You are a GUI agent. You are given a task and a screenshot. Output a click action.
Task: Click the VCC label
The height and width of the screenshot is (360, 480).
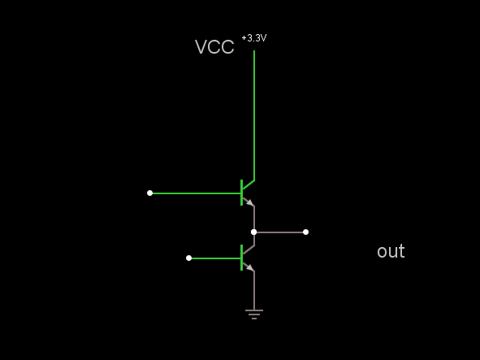214,47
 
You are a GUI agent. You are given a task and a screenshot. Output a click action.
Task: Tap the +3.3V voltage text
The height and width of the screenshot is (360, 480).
254,38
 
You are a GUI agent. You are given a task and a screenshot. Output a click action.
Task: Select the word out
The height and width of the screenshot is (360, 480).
391,251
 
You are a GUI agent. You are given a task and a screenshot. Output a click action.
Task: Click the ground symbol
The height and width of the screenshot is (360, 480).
254,314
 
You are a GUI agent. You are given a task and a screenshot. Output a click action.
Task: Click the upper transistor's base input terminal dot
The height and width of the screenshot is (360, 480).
149,193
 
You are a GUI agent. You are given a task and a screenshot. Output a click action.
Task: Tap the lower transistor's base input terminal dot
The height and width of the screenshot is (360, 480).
189,258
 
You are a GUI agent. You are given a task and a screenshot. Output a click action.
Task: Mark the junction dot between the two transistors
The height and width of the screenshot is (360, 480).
253,232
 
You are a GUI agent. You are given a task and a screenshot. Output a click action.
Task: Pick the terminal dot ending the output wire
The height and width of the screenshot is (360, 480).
305,232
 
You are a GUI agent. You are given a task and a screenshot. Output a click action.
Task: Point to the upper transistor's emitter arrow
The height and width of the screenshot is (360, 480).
250,202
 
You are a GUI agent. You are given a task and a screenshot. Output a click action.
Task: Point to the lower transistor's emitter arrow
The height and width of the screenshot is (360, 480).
250,267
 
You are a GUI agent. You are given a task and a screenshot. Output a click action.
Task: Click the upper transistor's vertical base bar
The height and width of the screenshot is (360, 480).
242,193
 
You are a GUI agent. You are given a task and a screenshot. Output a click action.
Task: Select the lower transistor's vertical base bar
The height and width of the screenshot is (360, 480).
242,258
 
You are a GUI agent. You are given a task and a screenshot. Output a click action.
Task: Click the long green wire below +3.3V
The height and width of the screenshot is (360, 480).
254,115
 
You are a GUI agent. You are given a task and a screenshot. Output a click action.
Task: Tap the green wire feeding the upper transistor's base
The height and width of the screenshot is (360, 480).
197,193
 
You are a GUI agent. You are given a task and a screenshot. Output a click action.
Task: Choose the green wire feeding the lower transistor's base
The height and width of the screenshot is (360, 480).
216,258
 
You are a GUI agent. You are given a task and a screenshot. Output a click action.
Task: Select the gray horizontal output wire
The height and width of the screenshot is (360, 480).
279,232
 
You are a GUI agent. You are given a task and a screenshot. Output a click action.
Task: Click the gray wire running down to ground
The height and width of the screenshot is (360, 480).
254,290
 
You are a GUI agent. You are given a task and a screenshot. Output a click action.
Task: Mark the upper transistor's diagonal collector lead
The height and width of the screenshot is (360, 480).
249,184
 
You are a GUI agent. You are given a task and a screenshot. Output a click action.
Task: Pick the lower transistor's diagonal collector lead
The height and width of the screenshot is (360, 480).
249,250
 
